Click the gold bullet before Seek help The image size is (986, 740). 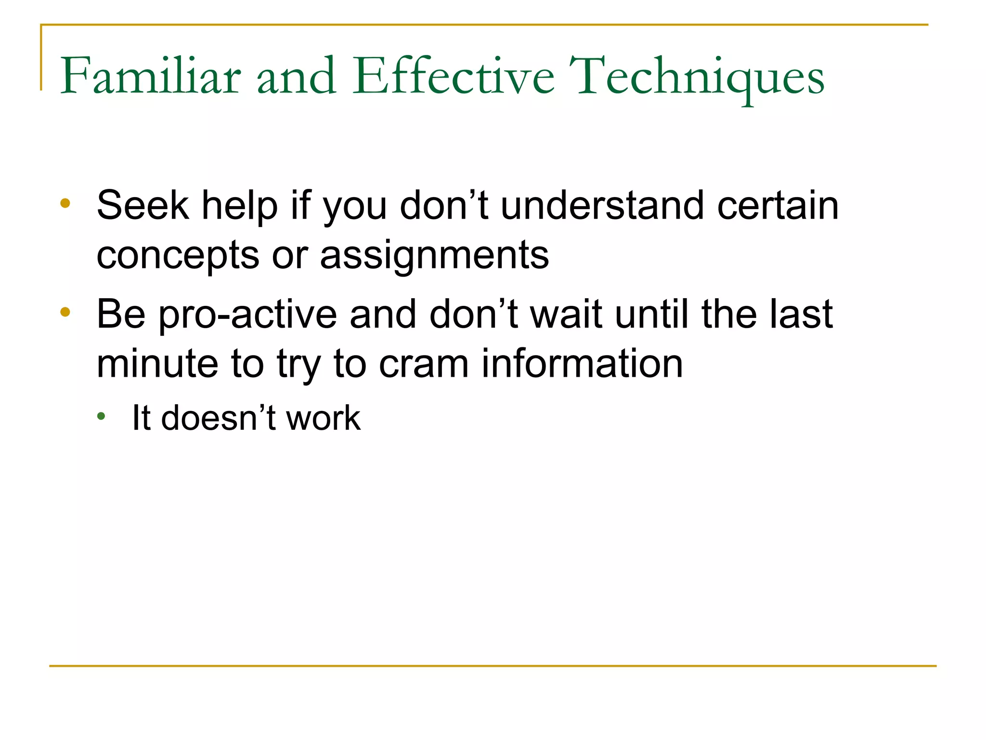click(65, 203)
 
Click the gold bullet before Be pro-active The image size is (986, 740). click(65, 312)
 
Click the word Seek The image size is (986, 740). click(143, 206)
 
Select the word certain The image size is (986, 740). click(778, 206)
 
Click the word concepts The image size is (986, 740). click(178, 256)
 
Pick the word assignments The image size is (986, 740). click(434, 255)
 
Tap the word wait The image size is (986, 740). click(566, 315)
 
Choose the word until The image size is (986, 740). click(652, 315)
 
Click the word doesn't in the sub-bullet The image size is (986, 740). click(218, 418)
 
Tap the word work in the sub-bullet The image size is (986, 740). click(323, 418)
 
